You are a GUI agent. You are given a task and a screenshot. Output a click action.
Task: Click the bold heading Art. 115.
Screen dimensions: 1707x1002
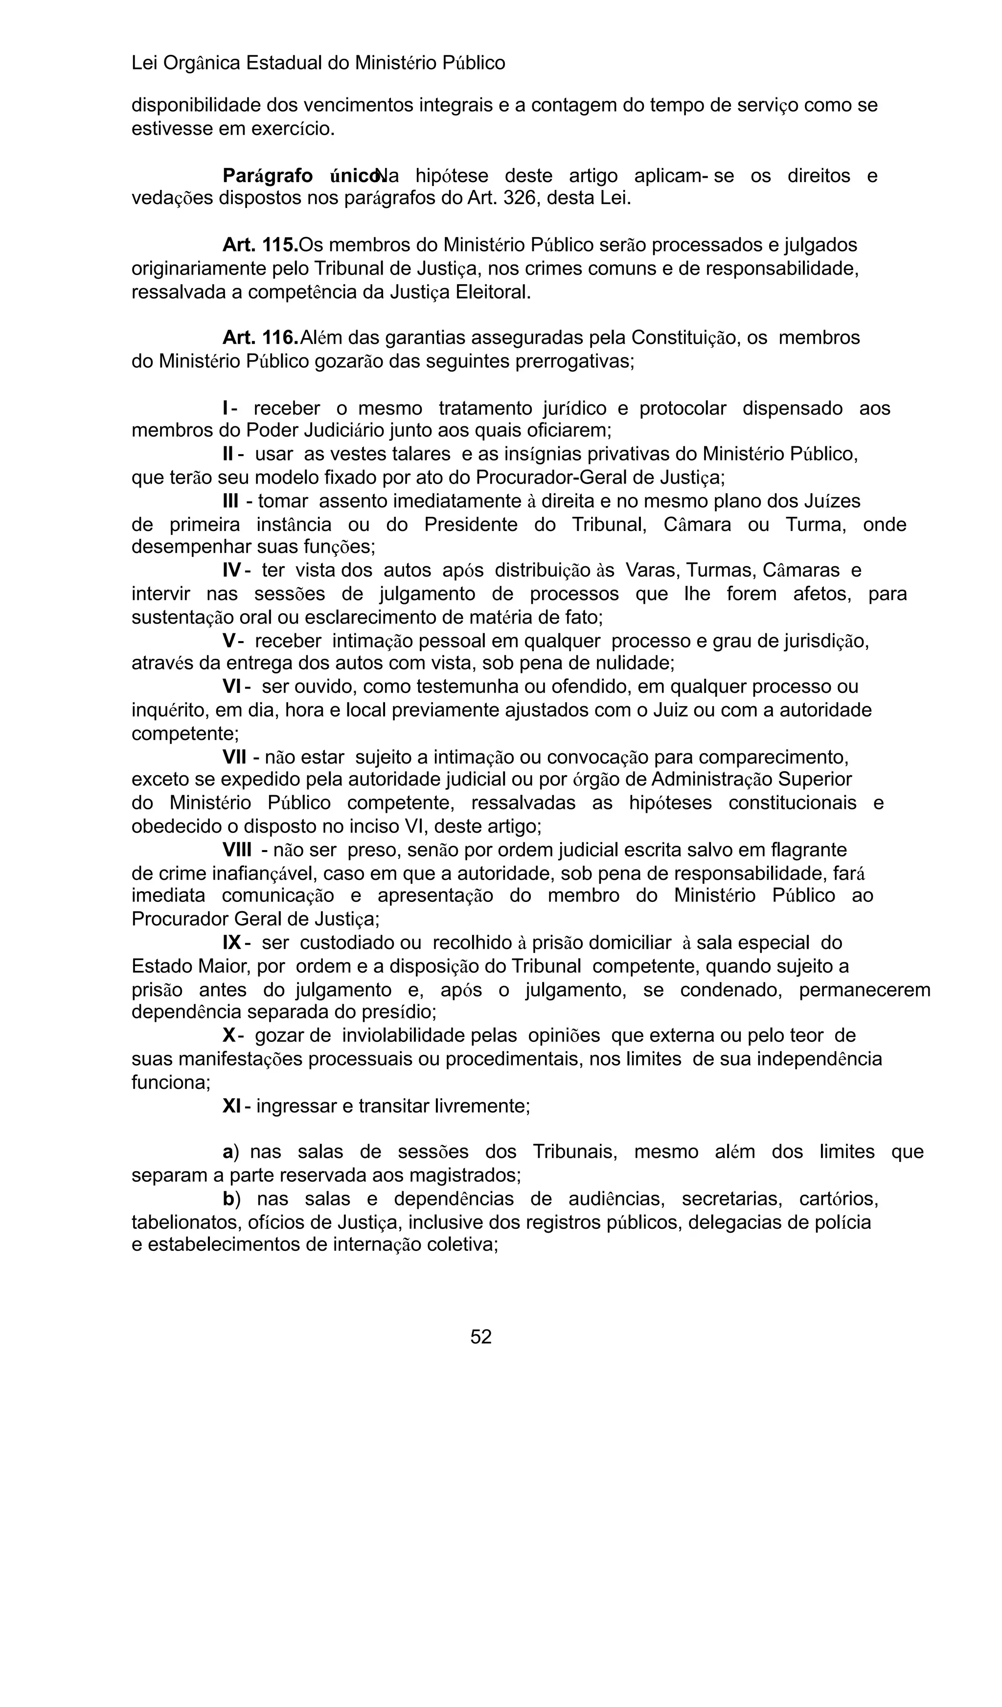tap(260, 245)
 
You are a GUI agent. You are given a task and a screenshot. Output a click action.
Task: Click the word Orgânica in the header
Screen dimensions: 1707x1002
tap(202, 64)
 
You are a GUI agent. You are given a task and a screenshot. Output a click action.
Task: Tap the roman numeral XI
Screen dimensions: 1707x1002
tap(231, 1106)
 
